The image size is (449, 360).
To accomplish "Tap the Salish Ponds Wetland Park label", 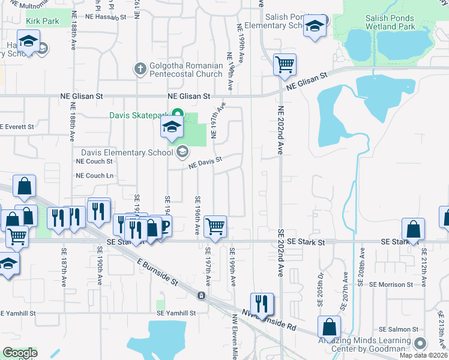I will [390, 23].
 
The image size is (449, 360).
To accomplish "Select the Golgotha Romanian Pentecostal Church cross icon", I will [140, 67].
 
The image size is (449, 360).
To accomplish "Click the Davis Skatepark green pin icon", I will [177, 113].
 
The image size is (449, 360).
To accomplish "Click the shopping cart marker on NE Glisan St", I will [285, 64].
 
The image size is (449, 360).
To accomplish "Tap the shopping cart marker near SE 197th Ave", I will [215, 227].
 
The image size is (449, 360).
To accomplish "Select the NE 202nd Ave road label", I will [280, 130].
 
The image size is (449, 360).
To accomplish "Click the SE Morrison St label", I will [391, 284].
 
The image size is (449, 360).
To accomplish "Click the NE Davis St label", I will [206, 162].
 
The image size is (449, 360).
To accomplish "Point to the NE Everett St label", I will [18, 127].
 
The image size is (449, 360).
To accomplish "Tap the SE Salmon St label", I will [398, 330].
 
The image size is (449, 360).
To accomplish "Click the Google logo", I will [20, 353].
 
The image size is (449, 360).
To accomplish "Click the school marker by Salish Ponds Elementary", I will [315, 26].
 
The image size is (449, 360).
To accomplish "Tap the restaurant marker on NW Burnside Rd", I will [262, 304].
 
